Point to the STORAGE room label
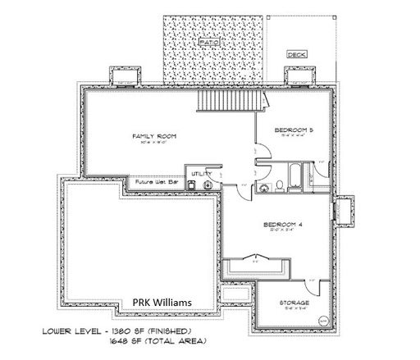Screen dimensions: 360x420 [x=296, y=302]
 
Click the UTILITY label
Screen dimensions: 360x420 [x=201, y=174]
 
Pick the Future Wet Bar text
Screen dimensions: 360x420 [x=156, y=180]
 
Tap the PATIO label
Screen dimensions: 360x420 [x=208, y=40]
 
